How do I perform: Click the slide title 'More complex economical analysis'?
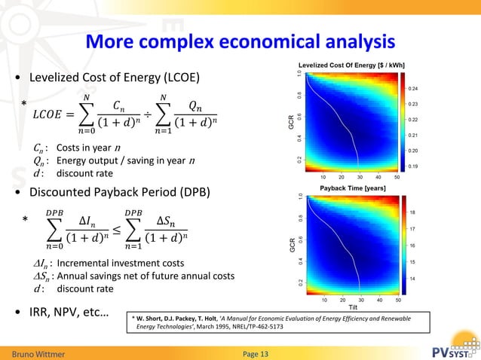click(x=240, y=41)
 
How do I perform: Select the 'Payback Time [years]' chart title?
click(x=353, y=187)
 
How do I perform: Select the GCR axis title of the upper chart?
click(x=290, y=121)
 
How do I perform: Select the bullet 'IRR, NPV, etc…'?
click(x=68, y=310)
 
